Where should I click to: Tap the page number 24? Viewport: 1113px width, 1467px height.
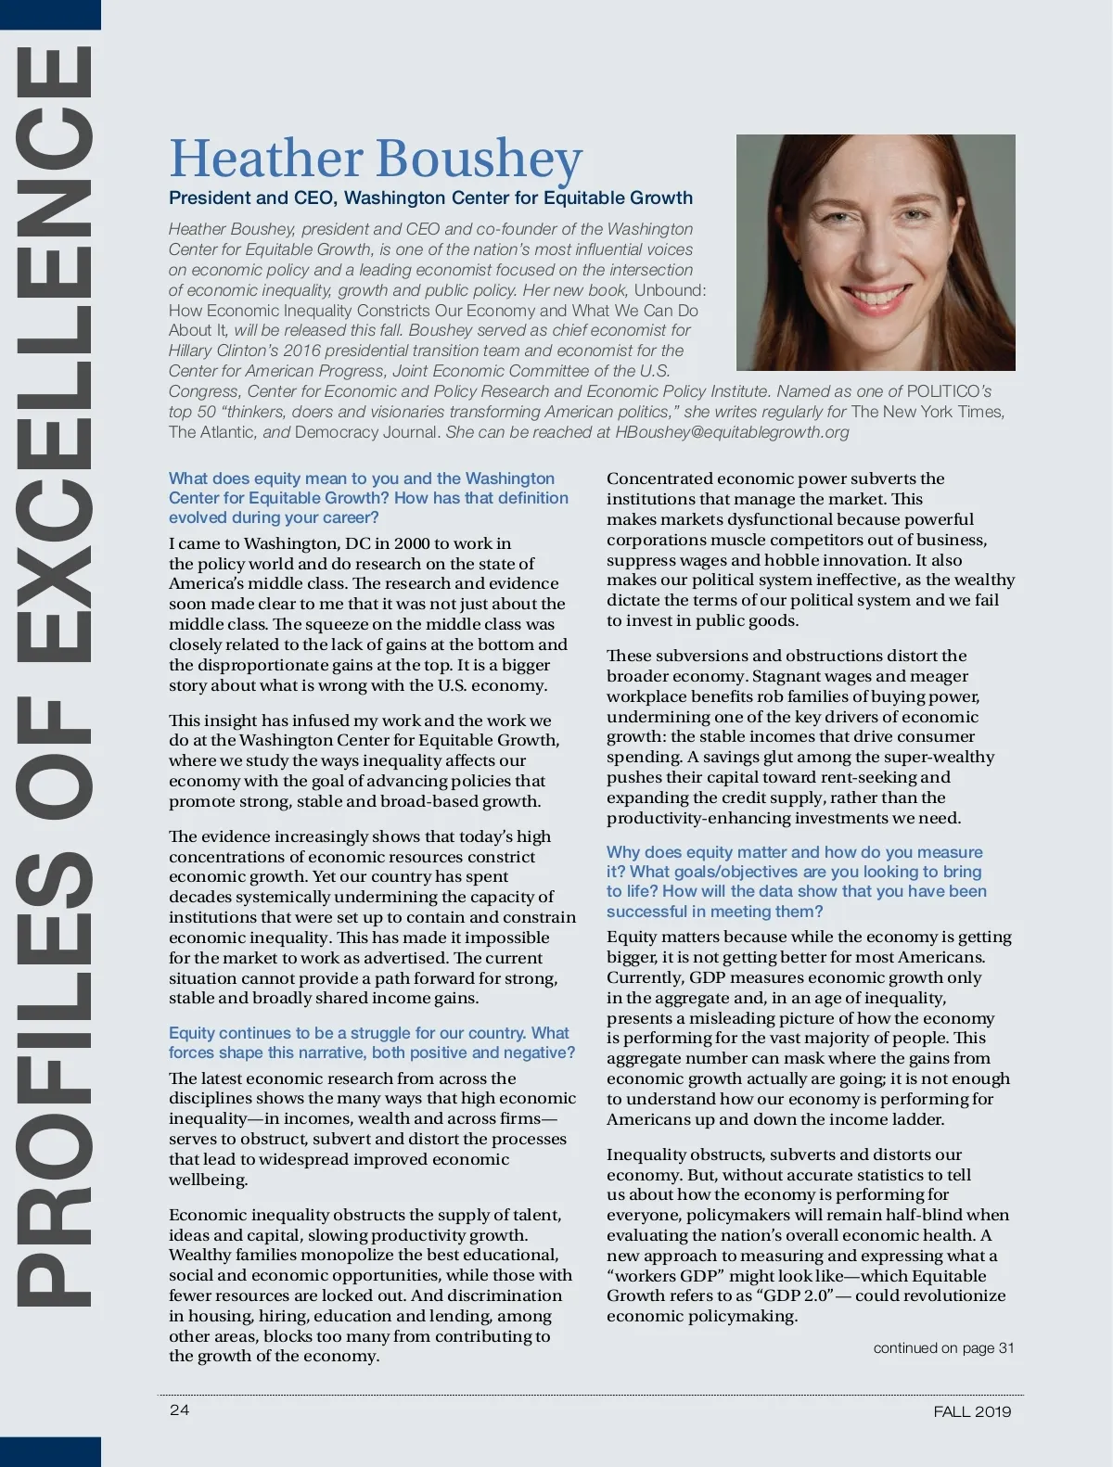(179, 1410)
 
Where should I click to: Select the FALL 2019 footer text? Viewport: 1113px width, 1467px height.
(972, 1411)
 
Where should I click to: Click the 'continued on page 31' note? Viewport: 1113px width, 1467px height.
(943, 1347)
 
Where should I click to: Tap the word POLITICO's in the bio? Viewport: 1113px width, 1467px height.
(949, 391)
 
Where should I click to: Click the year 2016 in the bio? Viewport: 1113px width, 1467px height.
(301, 351)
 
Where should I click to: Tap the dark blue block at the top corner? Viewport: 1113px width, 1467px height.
(50, 13)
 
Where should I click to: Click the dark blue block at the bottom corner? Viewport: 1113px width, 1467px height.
(50, 1451)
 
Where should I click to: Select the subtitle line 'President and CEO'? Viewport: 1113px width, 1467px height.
(430, 198)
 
